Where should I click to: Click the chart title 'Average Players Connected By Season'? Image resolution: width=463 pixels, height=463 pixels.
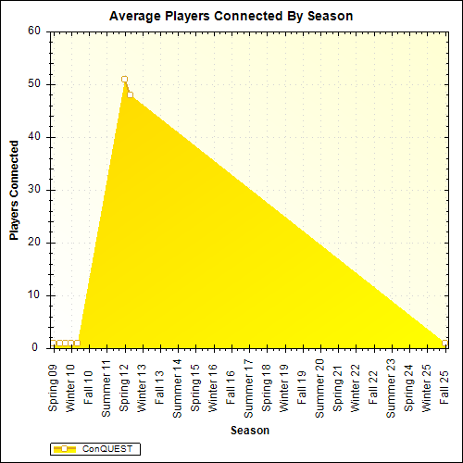point(231,16)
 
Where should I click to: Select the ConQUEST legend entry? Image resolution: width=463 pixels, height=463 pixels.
point(94,449)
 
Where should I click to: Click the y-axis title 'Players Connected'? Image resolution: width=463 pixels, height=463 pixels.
point(15,191)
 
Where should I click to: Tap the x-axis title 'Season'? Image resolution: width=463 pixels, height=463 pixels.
point(250,431)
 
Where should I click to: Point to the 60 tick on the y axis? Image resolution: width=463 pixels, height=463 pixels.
point(35,31)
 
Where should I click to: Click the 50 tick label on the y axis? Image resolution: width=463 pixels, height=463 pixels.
point(35,84)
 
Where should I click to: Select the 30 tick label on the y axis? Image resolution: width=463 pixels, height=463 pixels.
point(35,190)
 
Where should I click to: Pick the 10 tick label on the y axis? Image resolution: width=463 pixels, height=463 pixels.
point(35,296)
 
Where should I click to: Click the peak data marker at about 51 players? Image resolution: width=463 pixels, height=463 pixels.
point(124,79)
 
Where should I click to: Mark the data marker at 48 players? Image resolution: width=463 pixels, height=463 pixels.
point(131,94)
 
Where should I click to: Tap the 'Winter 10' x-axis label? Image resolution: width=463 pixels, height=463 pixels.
point(71,386)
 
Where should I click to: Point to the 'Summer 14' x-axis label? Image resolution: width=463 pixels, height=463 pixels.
point(178,386)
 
